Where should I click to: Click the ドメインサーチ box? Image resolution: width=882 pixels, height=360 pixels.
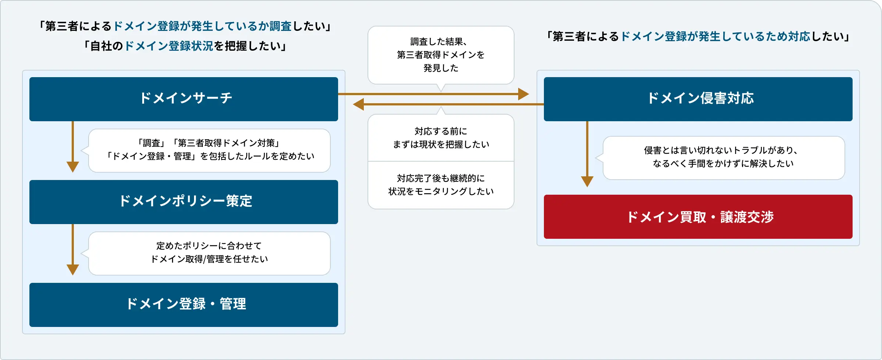point(184,99)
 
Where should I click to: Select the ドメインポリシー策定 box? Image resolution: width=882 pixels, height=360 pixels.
point(184,202)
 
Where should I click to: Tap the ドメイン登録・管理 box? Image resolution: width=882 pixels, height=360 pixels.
point(184,305)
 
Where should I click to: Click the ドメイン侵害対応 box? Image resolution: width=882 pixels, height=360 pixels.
point(698,99)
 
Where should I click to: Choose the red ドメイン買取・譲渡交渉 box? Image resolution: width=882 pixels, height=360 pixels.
point(698,217)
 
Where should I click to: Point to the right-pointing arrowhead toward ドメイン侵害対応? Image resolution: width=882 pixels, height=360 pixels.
point(523,94)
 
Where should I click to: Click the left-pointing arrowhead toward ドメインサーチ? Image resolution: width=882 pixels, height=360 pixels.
point(359,104)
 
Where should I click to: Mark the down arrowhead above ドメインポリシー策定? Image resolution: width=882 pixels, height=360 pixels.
point(73,167)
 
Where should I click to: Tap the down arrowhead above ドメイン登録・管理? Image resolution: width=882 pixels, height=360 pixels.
point(73,270)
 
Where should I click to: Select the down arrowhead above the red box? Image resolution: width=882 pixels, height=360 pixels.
point(587,181)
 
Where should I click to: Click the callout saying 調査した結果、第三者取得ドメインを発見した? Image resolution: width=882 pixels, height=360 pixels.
point(441,55)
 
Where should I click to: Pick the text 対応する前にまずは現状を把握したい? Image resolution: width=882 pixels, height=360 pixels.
point(441,138)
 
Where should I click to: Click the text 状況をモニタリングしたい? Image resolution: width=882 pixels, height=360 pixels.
point(441,191)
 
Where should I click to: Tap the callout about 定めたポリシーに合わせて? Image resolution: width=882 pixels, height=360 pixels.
point(209,253)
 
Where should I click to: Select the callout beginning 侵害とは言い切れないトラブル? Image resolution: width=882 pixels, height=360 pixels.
point(723,157)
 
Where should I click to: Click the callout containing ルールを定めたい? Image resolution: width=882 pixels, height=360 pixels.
point(209,150)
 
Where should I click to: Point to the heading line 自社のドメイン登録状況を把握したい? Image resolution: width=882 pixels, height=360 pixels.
point(186,46)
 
